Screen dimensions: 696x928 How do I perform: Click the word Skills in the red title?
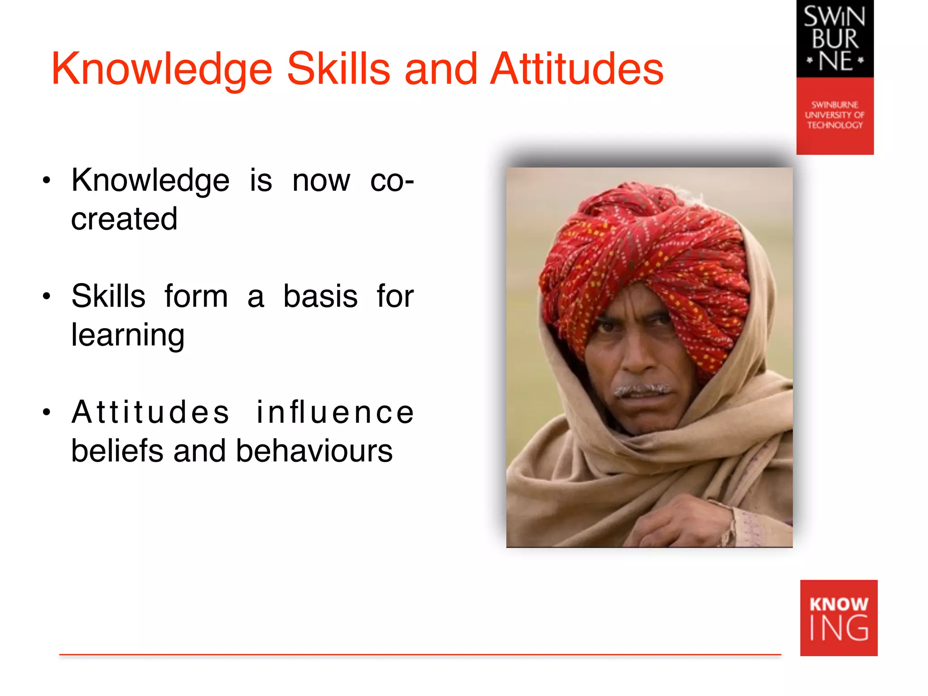point(338,69)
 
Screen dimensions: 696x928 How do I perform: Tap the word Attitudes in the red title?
point(576,69)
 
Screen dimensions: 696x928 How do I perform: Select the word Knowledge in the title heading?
point(162,69)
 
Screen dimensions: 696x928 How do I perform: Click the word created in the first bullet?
point(124,219)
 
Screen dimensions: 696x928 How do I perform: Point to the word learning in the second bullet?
point(128,336)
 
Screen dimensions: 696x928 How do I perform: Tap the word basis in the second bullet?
point(320,297)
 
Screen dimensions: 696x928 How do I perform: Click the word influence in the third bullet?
point(335,412)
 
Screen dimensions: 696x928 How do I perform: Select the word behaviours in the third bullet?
point(314,451)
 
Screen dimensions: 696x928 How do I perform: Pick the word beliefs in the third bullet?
point(117,451)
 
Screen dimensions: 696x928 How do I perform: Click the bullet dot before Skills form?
point(46,297)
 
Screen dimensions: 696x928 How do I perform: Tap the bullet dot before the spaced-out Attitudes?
point(46,412)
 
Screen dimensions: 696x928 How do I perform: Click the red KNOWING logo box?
point(838,618)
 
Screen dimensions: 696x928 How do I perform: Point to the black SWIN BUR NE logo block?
point(835,39)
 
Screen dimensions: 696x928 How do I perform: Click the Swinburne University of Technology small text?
point(835,115)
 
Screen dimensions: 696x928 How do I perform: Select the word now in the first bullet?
point(321,181)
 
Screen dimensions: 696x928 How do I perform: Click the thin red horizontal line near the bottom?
point(420,654)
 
